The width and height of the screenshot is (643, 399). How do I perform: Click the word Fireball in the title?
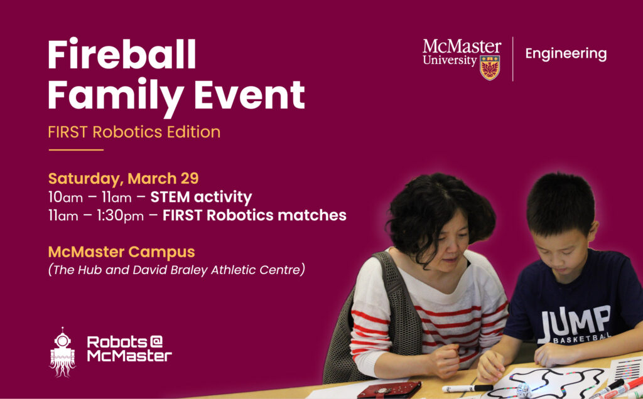pos(122,54)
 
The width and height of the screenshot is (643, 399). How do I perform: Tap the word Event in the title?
pos(249,95)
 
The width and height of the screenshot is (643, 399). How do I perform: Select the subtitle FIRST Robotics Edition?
pos(134,132)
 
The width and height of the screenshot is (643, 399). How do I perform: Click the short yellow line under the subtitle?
pos(76,150)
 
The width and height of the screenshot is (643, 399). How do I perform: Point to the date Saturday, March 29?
pos(124,179)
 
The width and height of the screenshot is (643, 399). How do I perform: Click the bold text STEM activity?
pos(201,197)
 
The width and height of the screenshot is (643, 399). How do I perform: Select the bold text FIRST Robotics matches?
pos(254,215)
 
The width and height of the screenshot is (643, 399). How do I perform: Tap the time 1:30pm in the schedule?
pos(120,215)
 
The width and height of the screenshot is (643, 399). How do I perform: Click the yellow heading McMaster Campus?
pos(121,252)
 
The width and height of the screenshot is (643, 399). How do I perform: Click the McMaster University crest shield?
pos(490,68)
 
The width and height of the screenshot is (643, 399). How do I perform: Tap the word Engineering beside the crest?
pos(566,54)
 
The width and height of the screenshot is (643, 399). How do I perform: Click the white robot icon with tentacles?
pos(62,353)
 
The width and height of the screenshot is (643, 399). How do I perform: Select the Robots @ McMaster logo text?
pos(129,349)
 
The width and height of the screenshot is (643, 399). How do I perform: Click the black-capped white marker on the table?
pos(467,388)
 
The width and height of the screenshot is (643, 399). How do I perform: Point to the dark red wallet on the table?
pos(389,390)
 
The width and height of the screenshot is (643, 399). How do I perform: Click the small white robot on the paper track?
pos(523,390)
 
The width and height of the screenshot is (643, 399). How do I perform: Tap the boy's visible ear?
pos(593,231)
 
